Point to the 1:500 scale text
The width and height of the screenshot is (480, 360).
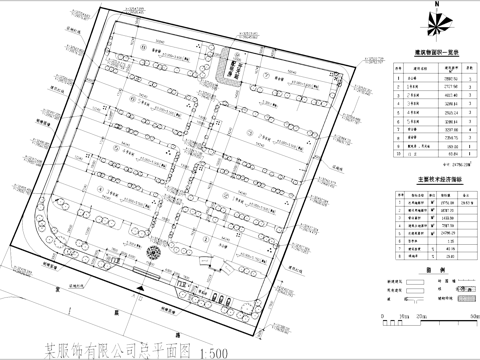click(x=216, y=351)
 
